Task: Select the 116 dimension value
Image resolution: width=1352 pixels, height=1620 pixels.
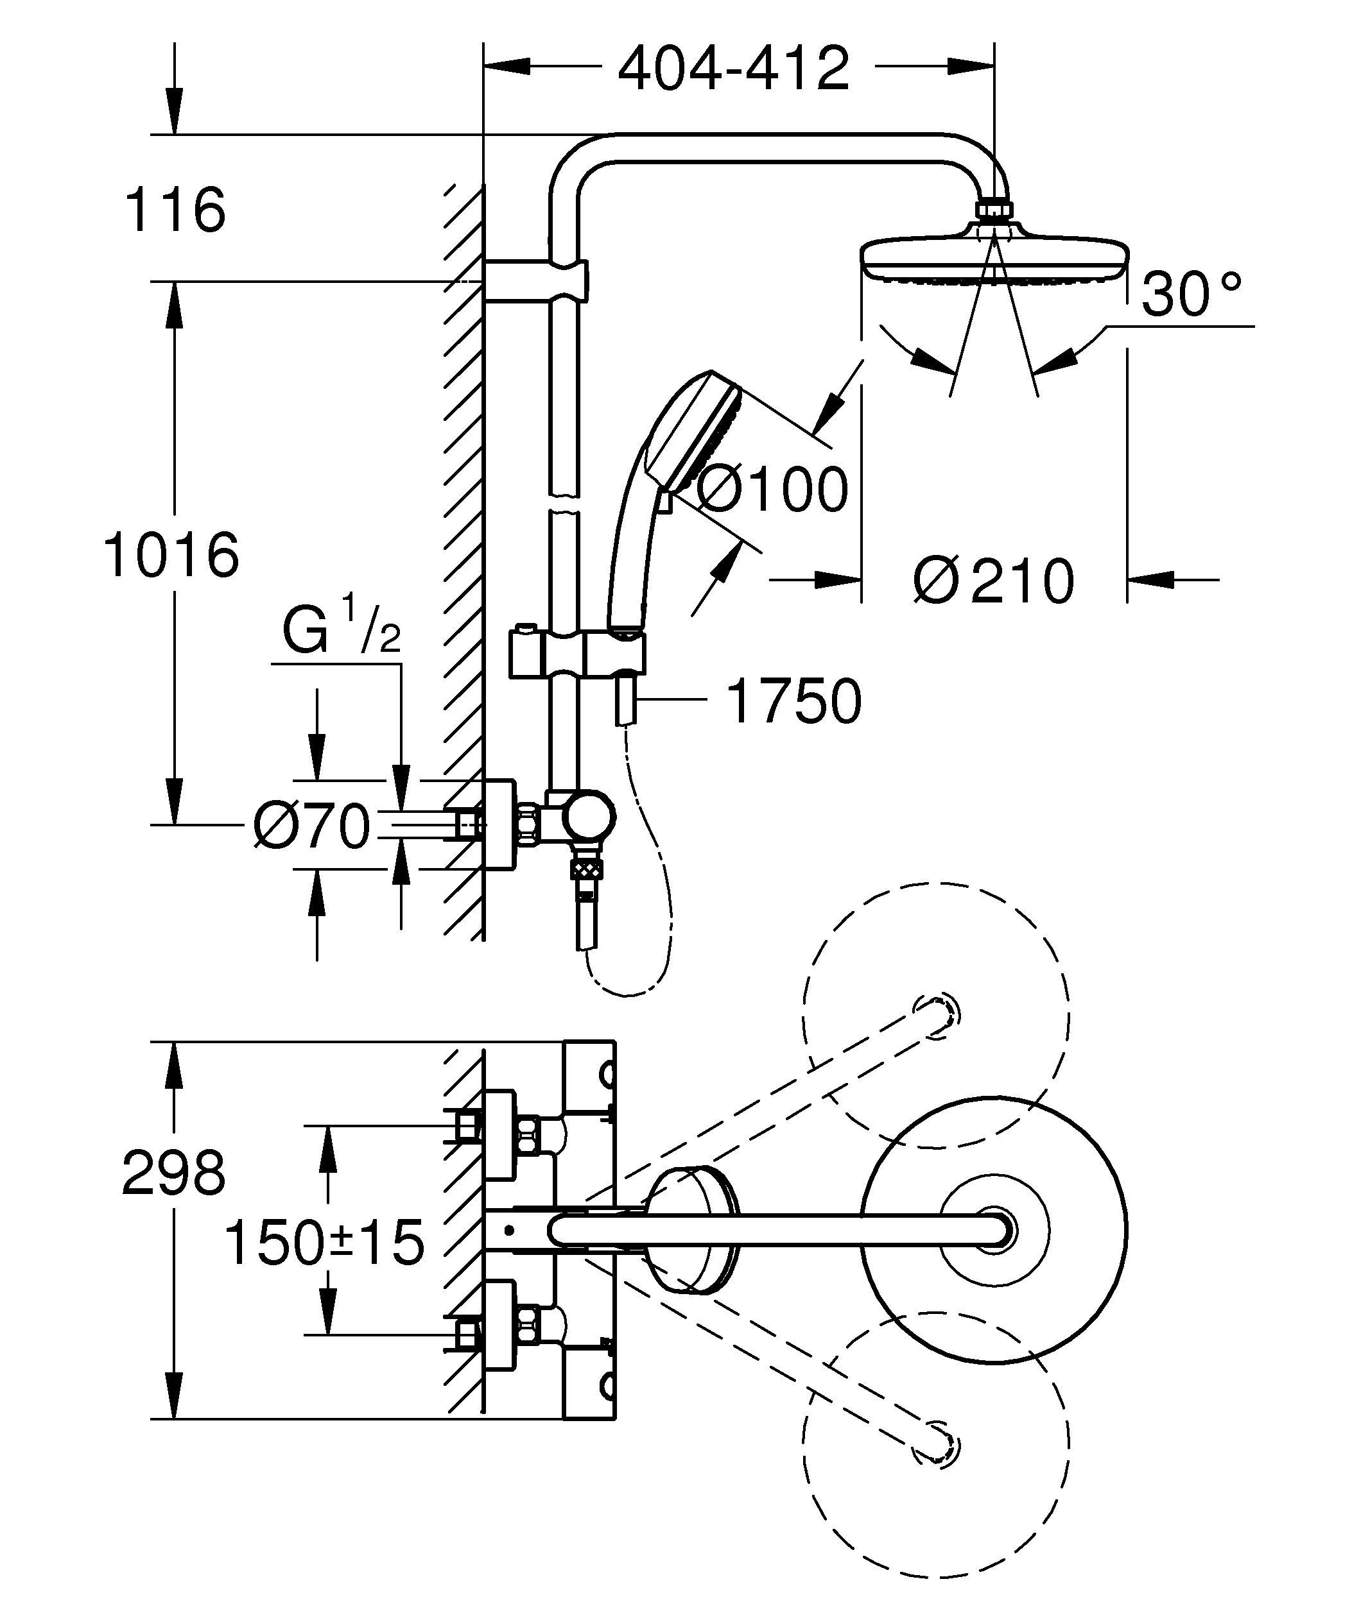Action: pos(175,210)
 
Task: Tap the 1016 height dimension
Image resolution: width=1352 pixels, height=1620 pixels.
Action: pos(171,556)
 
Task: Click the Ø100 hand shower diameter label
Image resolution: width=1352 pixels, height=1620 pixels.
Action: pos(772,490)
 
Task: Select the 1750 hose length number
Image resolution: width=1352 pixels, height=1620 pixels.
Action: pos(793,701)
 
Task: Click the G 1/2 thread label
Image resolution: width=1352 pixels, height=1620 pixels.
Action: pos(340,629)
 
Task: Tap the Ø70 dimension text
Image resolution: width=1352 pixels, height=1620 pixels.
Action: pos(313,826)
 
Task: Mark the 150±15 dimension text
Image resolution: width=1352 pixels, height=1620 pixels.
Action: pos(324,1243)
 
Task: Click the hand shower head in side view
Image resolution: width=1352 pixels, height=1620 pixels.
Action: pos(695,432)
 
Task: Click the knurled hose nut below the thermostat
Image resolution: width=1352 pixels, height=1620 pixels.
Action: pos(587,870)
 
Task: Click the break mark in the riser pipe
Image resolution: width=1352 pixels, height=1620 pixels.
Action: pos(564,502)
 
